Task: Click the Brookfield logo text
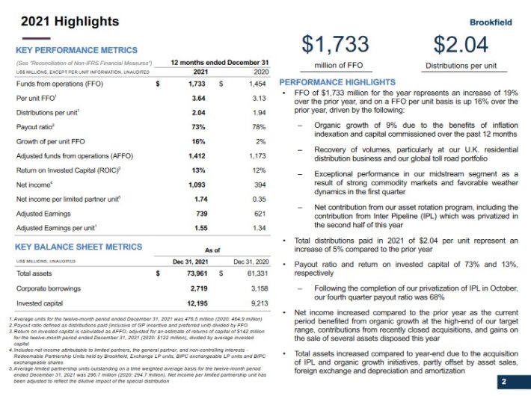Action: [491, 22]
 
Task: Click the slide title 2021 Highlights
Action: [60, 21]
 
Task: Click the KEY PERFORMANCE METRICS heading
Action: [76, 50]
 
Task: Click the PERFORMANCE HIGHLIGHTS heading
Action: [337, 81]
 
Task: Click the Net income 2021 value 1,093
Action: [195, 185]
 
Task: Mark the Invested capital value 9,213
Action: [257, 303]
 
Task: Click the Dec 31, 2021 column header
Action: [189, 261]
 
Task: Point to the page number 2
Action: [503, 382]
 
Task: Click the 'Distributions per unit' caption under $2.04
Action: [461, 66]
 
